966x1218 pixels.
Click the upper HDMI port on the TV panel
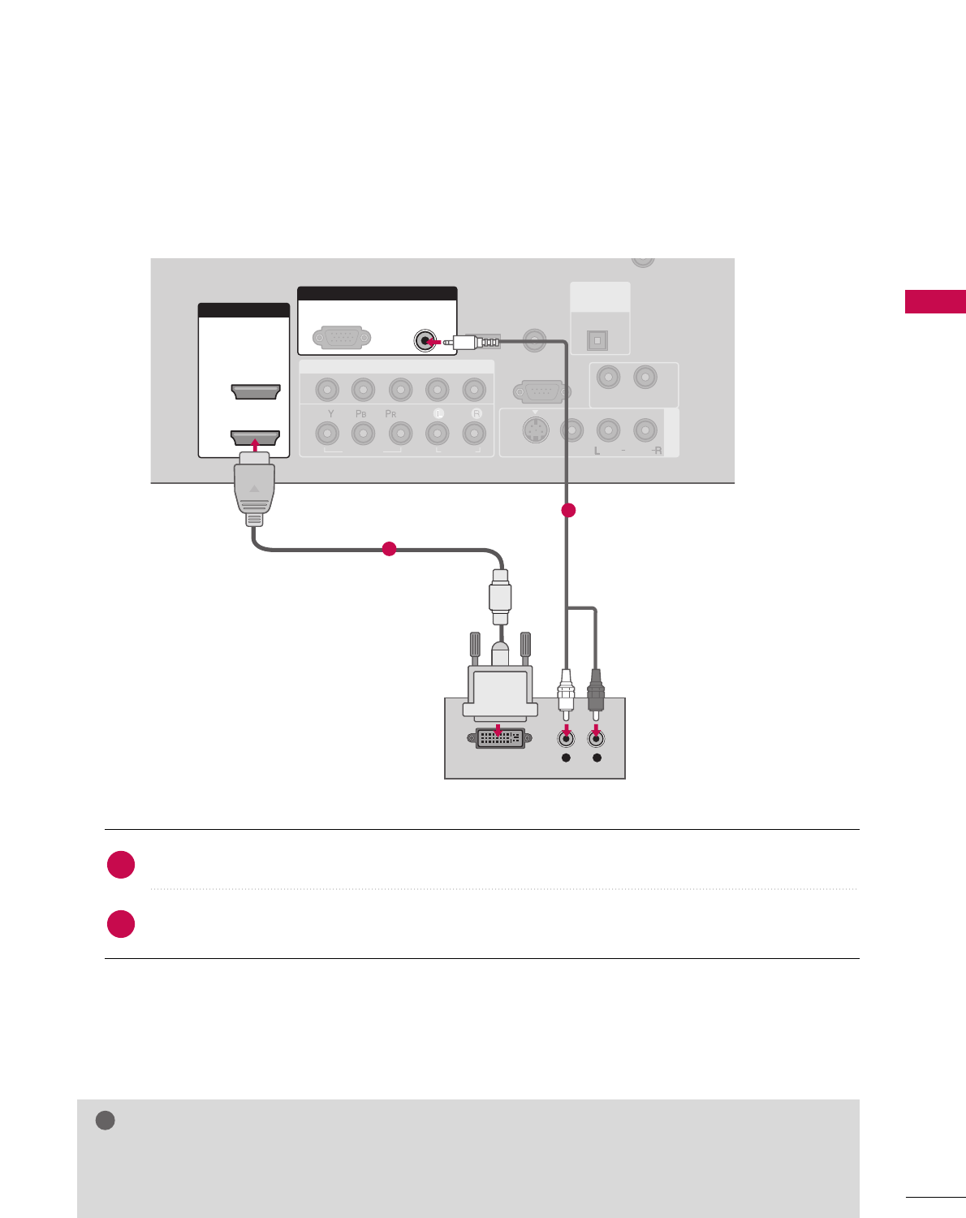pos(256,392)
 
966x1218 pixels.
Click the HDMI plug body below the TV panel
pos(255,487)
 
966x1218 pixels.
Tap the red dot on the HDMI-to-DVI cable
pos(389,549)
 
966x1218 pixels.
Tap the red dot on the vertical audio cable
pos(568,510)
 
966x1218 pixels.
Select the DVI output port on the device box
pos(499,738)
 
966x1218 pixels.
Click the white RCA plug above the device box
pos(566,690)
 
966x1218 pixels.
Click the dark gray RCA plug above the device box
pos(596,690)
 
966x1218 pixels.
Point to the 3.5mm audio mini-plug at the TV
pos(476,342)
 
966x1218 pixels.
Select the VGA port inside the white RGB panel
pos(342,338)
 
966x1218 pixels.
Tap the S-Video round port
pos(534,430)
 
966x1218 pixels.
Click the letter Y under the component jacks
pos(330,414)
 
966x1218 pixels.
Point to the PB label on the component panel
pos(361,414)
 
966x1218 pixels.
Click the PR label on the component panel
pos(390,414)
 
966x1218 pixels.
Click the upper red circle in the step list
pos(121,865)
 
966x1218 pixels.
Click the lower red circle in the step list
pos(121,924)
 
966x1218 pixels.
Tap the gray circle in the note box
pos(105,1121)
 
